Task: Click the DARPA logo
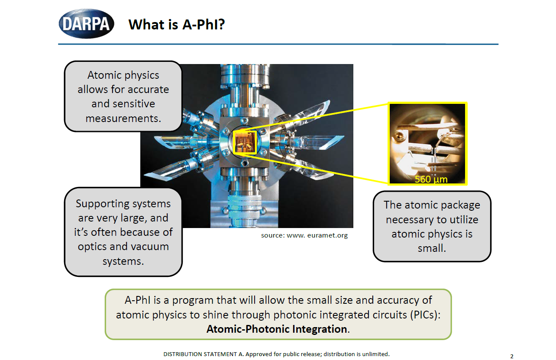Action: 86,24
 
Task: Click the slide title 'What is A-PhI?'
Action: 177,25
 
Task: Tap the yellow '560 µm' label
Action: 431,179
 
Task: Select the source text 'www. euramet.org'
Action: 317,235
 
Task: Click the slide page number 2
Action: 511,356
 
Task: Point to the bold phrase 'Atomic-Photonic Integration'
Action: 277,329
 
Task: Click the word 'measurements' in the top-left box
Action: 122,119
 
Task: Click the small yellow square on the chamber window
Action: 245,142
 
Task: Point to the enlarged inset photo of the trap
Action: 427,144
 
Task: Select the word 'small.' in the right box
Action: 432,248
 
